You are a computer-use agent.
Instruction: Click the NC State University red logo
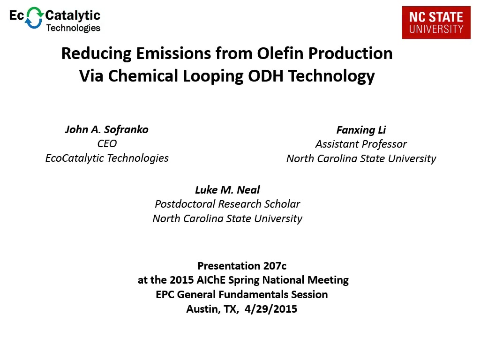pos(436,22)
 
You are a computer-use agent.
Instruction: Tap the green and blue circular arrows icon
pos(34,18)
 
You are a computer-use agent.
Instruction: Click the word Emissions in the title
pos(173,53)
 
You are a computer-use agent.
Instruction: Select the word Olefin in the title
pos(280,53)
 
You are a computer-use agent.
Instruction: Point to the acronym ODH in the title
pos(265,75)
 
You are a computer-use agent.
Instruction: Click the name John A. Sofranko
pos(107,129)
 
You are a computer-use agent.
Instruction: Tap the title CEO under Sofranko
pos(107,143)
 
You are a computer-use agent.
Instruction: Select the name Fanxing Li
pos(361,130)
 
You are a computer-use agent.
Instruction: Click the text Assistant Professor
pos(361,144)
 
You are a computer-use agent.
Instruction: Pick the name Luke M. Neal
pos(227,190)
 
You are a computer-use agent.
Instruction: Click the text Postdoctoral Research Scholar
pos(227,204)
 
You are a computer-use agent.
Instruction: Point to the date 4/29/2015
pos(271,309)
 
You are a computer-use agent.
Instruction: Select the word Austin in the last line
pos(203,309)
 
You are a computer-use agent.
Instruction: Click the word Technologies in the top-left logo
pos(73,28)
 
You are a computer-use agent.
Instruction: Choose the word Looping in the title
pos(213,76)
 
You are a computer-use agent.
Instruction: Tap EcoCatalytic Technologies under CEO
pos(107,158)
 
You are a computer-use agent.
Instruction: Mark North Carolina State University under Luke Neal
pos(227,218)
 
